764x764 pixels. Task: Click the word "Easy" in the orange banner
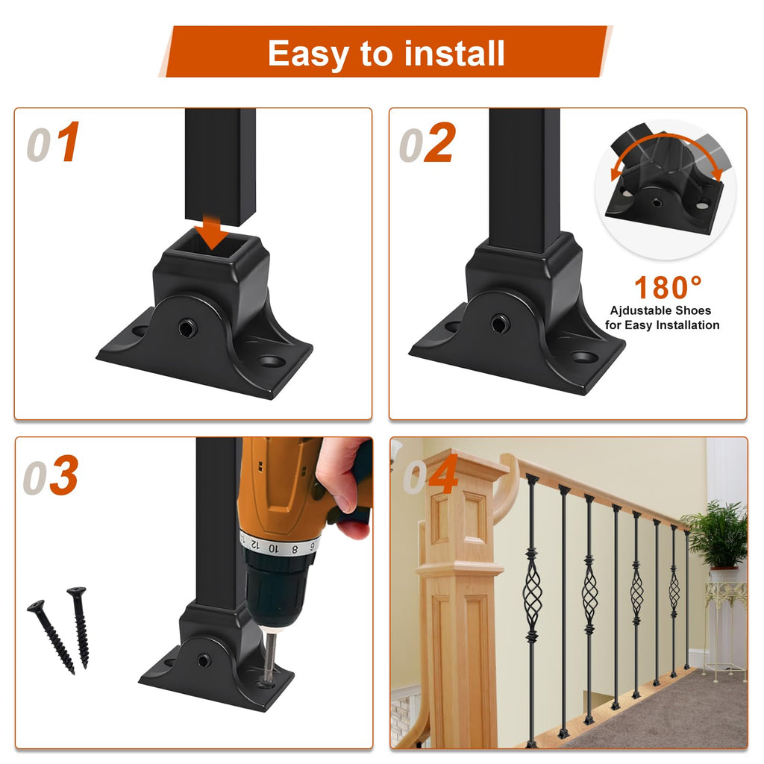click(x=308, y=54)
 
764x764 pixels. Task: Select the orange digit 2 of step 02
click(x=439, y=143)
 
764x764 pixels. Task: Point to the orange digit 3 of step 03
click(x=64, y=475)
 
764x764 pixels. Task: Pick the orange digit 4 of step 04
click(x=443, y=473)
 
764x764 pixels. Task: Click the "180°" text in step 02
click(x=668, y=287)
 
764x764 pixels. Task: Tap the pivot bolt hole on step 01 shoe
click(x=187, y=328)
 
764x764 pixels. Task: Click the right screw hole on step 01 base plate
click(x=271, y=362)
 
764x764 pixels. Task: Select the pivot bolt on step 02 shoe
click(x=500, y=324)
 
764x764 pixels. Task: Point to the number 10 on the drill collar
click(x=273, y=548)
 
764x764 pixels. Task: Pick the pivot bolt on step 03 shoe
click(x=204, y=661)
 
